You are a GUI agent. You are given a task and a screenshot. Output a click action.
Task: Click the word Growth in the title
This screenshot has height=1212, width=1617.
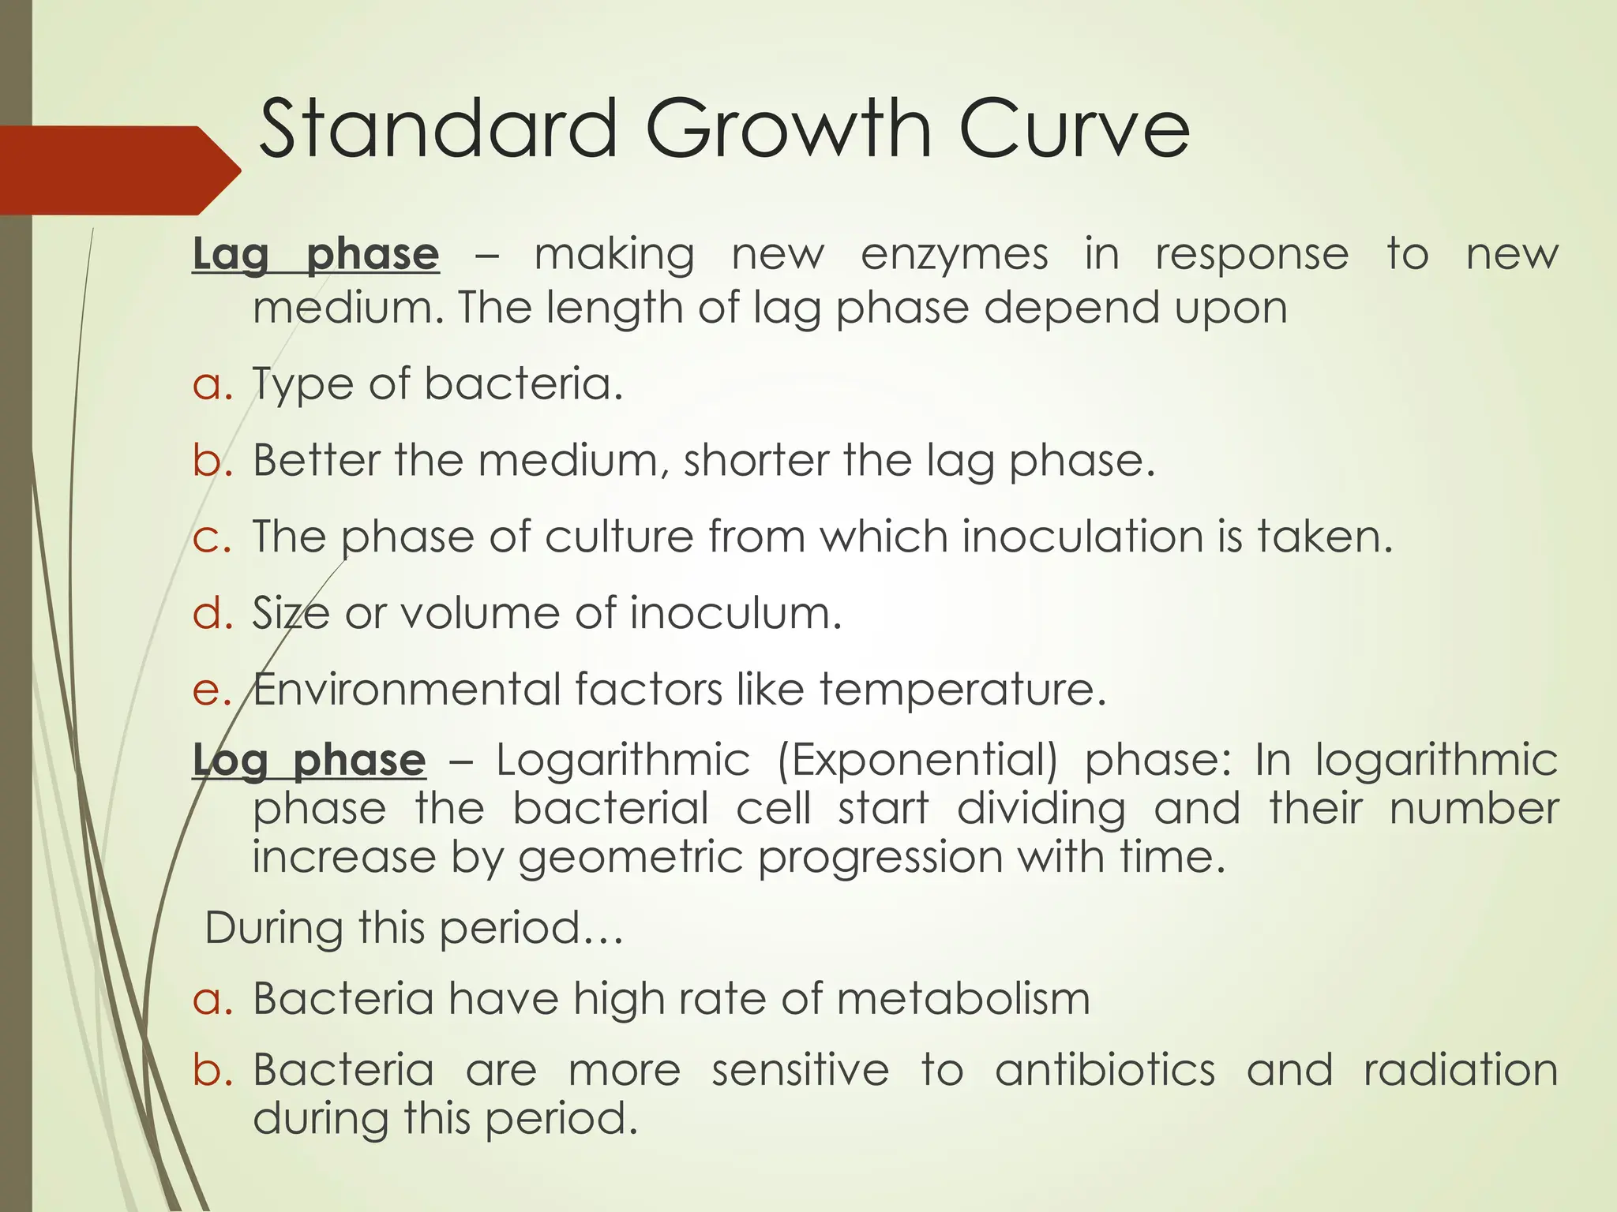pyautogui.click(x=798, y=129)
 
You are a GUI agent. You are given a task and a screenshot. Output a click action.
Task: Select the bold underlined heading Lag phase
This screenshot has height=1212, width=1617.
pyautogui.click(x=316, y=255)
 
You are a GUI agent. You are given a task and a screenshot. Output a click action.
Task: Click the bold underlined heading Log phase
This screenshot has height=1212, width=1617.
pyautogui.click(x=310, y=761)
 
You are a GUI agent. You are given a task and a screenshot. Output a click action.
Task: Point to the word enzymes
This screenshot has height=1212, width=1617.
pyautogui.click(x=955, y=255)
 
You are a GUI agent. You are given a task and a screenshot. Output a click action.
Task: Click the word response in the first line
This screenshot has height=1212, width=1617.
pyautogui.click(x=1252, y=255)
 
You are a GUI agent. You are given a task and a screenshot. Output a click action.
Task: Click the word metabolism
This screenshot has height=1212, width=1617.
pyautogui.click(x=963, y=999)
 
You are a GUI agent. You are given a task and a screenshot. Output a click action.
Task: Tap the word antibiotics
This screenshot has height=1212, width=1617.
pyautogui.click(x=1105, y=1071)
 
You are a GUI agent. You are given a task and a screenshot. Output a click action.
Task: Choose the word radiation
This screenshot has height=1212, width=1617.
pyautogui.click(x=1461, y=1071)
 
